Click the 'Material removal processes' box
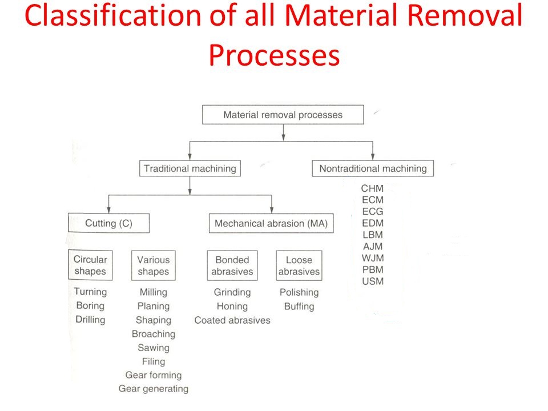(283, 115)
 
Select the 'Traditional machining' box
(190, 168)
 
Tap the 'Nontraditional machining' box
(373, 168)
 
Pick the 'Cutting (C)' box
(108, 223)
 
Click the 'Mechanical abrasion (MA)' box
(271, 223)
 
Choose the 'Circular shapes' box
(90, 265)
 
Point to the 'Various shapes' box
(153, 265)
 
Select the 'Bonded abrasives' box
(232, 265)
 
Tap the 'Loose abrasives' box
(299, 265)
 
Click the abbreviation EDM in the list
(372, 223)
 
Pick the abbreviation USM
(372, 281)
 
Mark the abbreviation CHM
(372, 188)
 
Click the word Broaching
(153, 334)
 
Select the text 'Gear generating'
(153, 389)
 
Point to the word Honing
(232, 306)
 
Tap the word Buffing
(299, 306)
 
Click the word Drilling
(90, 320)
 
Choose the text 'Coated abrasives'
(232, 320)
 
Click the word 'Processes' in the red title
(274, 55)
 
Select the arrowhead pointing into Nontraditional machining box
(373, 158)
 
